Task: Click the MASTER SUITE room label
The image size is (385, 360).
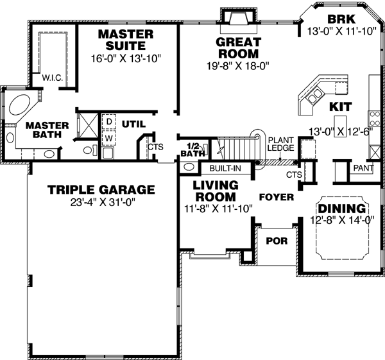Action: pyautogui.click(x=126, y=40)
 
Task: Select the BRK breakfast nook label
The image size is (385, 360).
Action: pyautogui.click(x=337, y=17)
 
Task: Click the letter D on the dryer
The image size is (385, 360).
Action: pyautogui.click(x=110, y=121)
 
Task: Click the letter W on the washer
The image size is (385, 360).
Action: pyautogui.click(x=110, y=137)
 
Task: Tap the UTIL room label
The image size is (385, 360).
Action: pyautogui.click(x=134, y=123)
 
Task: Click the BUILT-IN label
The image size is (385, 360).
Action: pyautogui.click(x=225, y=168)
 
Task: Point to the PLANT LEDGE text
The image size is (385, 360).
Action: pyautogui.click(x=280, y=144)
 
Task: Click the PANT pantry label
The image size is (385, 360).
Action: pyautogui.click(x=363, y=168)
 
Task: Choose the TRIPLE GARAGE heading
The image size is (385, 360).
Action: pyautogui.click(x=101, y=189)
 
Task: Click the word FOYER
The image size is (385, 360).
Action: pyautogui.click(x=276, y=196)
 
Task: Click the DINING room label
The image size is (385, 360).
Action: pyautogui.click(x=343, y=209)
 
